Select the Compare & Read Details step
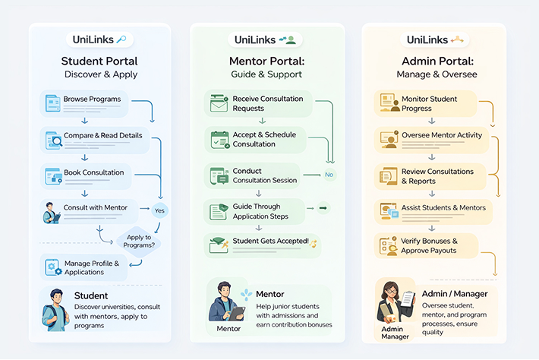tap(91, 138)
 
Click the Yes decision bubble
tap(159, 210)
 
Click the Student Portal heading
tap(99, 62)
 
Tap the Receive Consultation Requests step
tap(258, 103)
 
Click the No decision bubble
tap(329, 174)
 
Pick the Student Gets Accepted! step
tap(262, 243)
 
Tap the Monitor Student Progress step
tap(425, 103)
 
